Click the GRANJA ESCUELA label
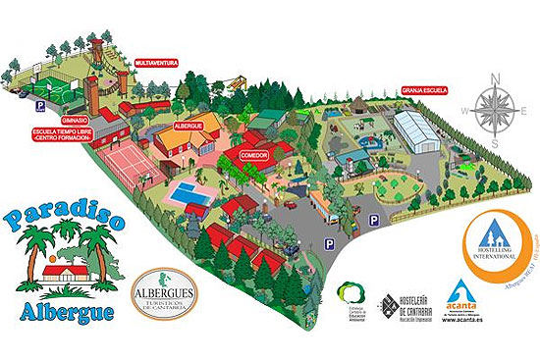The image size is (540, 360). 424,89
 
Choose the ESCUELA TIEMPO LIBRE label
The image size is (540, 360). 61,133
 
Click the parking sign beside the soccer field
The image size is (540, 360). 40,105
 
